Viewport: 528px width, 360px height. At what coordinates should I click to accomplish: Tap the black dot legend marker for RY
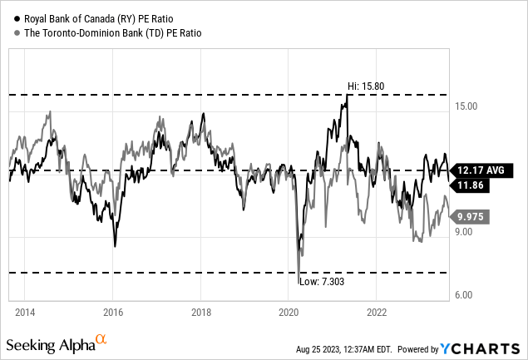[x=10, y=17]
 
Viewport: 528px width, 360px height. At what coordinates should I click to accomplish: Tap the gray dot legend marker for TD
[x=10, y=32]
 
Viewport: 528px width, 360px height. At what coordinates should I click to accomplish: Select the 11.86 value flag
[x=471, y=186]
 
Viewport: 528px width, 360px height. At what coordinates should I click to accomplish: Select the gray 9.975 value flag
[x=471, y=217]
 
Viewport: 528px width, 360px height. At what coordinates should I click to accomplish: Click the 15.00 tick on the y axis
[x=468, y=106]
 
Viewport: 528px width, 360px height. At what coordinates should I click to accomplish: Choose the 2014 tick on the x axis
[x=25, y=313]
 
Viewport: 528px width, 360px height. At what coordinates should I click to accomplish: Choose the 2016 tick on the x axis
[x=113, y=313]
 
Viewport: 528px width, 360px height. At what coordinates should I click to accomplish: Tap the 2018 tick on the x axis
[x=200, y=313]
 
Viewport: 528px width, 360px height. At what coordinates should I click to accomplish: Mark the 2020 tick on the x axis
[x=288, y=313]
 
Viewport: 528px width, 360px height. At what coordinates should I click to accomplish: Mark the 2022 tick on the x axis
[x=376, y=313]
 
